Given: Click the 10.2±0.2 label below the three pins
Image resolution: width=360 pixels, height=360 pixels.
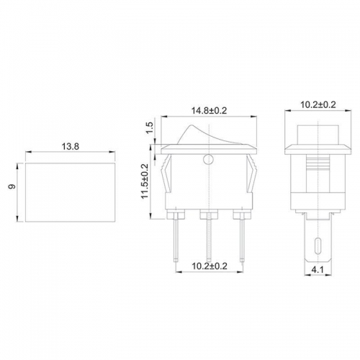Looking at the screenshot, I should pyautogui.click(x=208, y=266).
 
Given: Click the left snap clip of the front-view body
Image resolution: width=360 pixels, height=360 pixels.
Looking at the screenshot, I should pyautogui.click(x=167, y=177).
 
